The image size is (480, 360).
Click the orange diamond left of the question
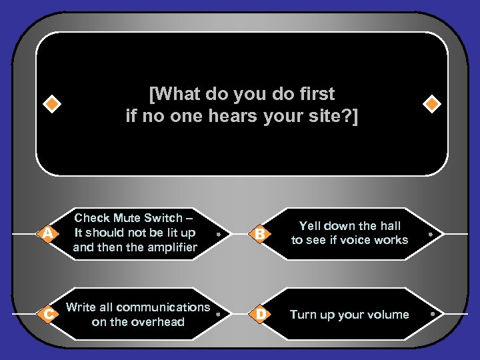point(51,105)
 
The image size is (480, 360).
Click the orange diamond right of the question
point(431,105)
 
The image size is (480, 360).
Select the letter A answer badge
point(47,233)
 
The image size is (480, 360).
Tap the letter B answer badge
point(261,233)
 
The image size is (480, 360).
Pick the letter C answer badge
point(47,314)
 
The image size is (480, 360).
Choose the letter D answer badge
point(261,314)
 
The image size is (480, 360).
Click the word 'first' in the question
point(313,94)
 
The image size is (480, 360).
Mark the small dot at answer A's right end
point(218,235)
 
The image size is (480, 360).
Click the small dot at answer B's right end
point(431,235)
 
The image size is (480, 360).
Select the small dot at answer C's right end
point(218,315)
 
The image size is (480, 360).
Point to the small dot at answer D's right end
point(431,315)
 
